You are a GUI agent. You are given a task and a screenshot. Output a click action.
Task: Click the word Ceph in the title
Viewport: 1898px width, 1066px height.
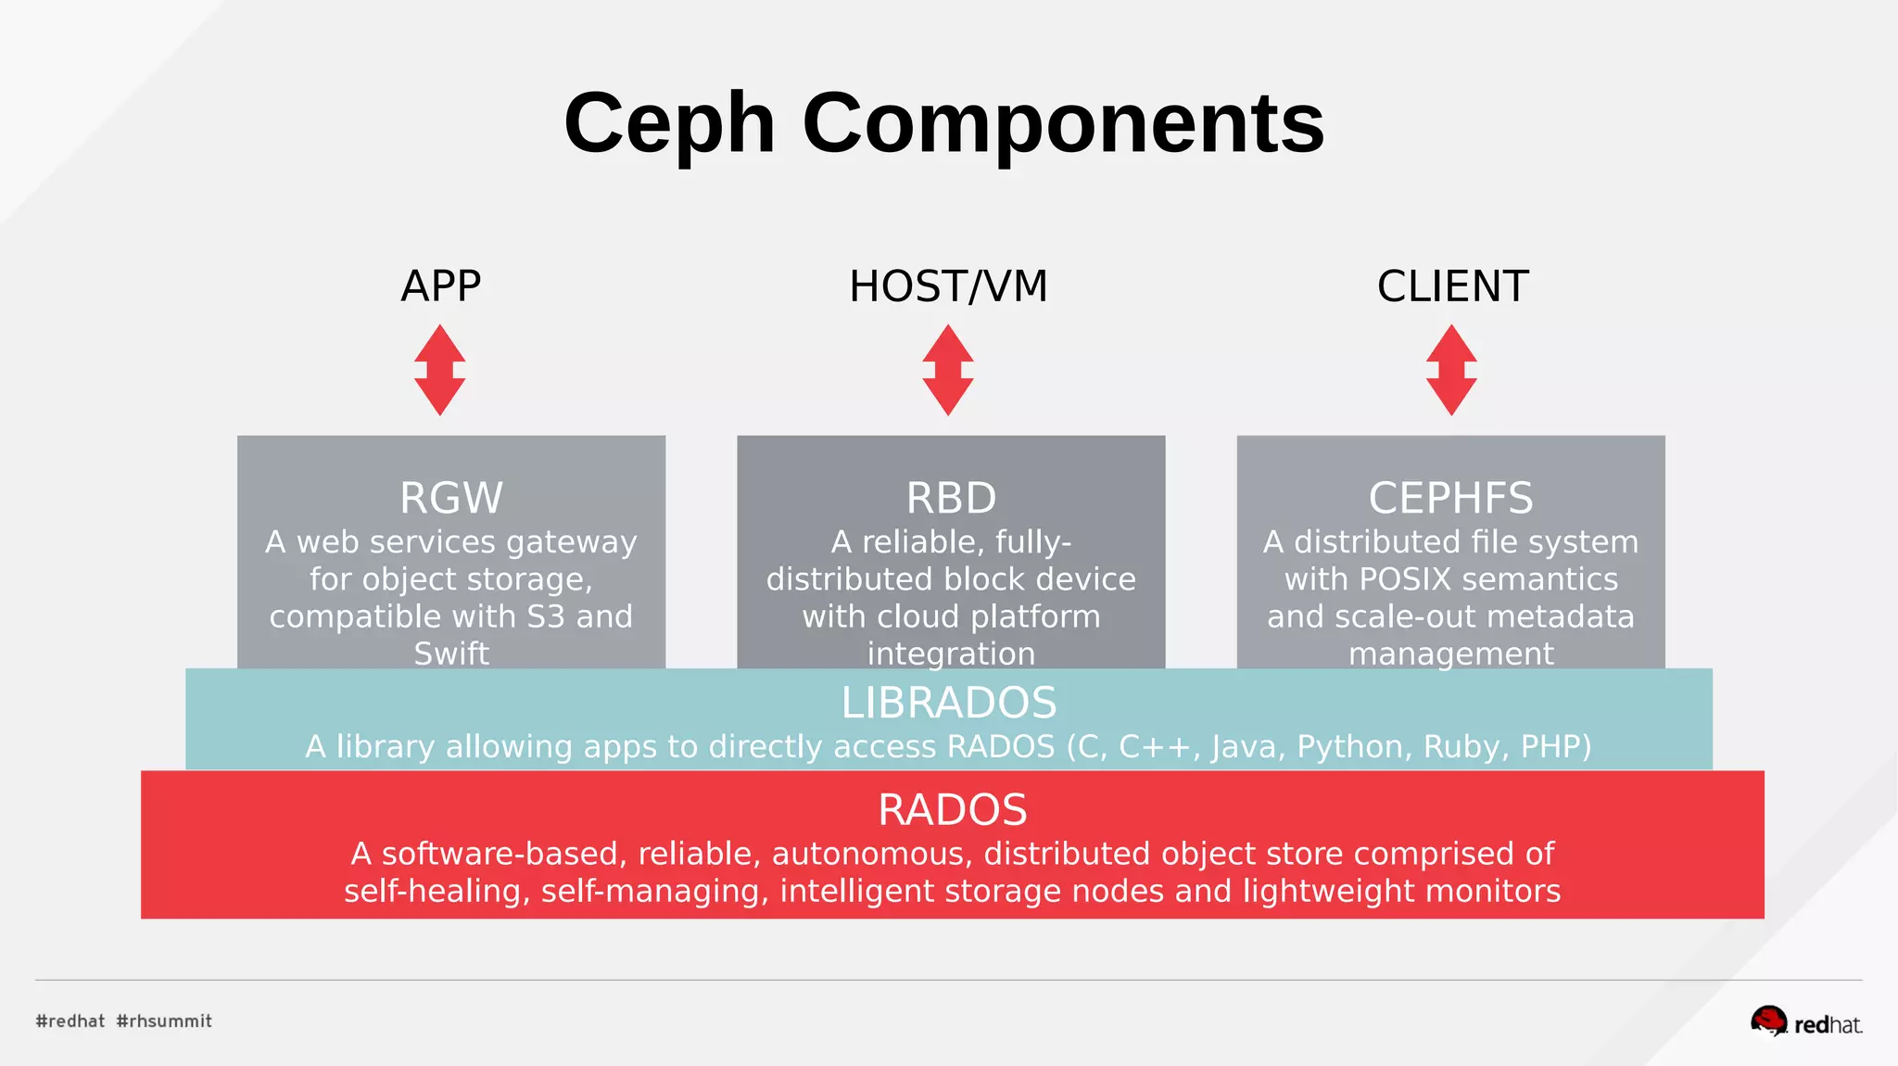click(x=669, y=125)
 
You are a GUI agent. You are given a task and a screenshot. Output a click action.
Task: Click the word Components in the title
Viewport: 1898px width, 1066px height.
click(x=1063, y=125)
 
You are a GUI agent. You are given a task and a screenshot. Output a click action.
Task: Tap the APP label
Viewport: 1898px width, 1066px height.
click(x=440, y=286)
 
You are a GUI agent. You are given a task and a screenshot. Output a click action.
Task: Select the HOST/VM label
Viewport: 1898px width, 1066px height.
click(x=948, y=286)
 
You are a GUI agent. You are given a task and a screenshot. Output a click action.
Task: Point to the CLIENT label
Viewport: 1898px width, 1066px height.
click(x=1452, y=286)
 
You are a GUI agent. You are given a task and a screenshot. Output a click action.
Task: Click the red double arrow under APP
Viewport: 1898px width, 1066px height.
click(x=440, y=370)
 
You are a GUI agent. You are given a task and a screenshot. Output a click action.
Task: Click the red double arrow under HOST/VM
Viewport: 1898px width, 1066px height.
click(x=948, y=370)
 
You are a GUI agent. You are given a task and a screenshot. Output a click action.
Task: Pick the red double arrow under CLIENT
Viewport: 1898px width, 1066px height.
click(x=1451, y=370)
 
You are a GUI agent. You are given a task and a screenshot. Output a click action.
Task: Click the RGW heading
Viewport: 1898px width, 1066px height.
click(x=451, y=498)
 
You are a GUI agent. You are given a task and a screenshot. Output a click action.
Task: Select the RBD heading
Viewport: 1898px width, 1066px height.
click(x=951, y=498)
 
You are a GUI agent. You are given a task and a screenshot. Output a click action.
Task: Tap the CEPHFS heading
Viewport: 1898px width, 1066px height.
click(x=1450, y=498)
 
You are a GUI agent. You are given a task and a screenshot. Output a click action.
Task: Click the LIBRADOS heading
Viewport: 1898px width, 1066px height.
click(x=948, y=703)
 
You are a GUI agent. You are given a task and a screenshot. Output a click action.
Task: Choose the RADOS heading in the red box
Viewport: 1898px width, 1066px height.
click(x=952, y=809)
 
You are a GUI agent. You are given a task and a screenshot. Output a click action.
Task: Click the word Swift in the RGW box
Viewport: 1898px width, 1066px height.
click(x=451, y=654)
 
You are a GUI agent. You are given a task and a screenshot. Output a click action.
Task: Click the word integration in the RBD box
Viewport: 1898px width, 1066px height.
click(x=951, y=654)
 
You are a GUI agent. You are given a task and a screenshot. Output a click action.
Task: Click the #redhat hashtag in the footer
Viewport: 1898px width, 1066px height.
click(x=70, y=1021)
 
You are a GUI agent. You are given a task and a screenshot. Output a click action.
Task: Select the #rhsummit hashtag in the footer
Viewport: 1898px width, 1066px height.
click(x=164, y=1021)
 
